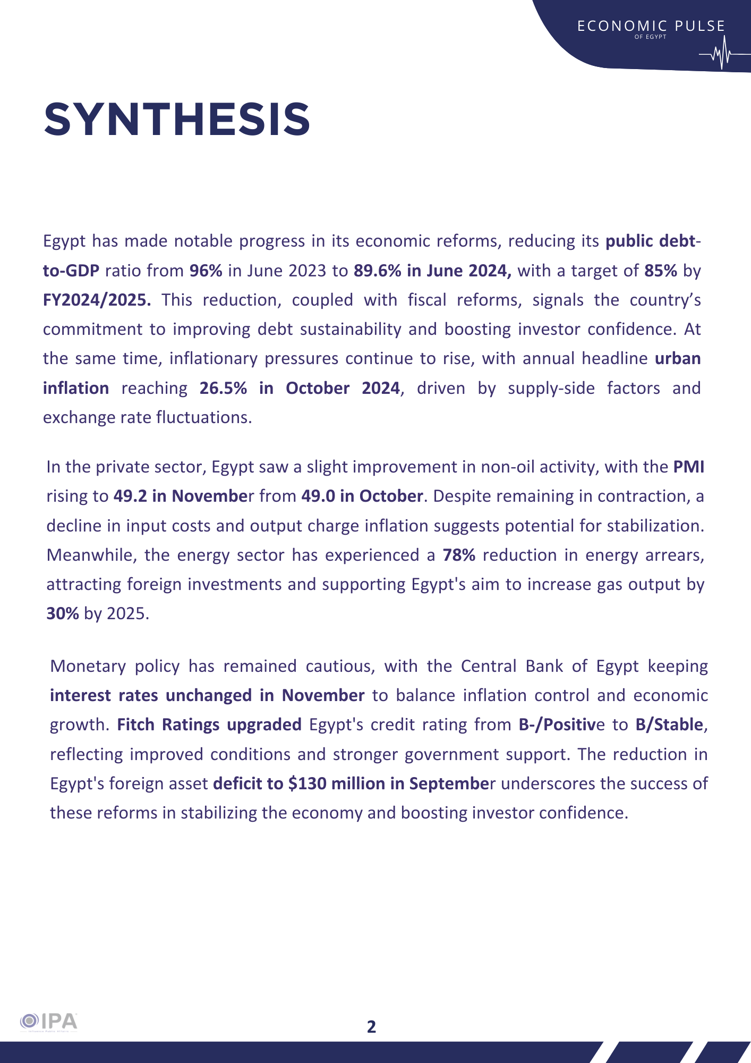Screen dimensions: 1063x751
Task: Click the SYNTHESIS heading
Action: pyautogui.click(x=177, y=119)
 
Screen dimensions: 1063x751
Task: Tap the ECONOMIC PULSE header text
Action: pyautogui.click(x=651, y=26)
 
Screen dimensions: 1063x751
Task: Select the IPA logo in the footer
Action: pyautogui.click(x=49, y=1022)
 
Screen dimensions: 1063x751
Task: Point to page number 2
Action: pyautogui.click(x=371, y=1026)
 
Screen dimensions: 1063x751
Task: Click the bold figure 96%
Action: pyautogui.click(x=206, y=271)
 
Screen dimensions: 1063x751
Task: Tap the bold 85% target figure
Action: pyautogui.click(x=660, y=271)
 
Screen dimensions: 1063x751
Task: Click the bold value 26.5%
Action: pyautogui.click(x=223, y=388)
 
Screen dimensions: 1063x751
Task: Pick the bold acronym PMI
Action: pyautogui.click(x=688, y=467)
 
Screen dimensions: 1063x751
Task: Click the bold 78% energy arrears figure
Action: pyautogui.click(x=459, y=555)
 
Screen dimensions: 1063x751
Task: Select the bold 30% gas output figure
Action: pyautogui.click(x=63, y=613)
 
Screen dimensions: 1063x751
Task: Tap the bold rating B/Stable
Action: pyautogui.click(x=669, y=724)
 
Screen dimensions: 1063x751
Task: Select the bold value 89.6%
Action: pyautogui.click(x=377, y=271)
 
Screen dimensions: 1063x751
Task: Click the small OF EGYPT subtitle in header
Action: pyautogui.click(x=650, y=37)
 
